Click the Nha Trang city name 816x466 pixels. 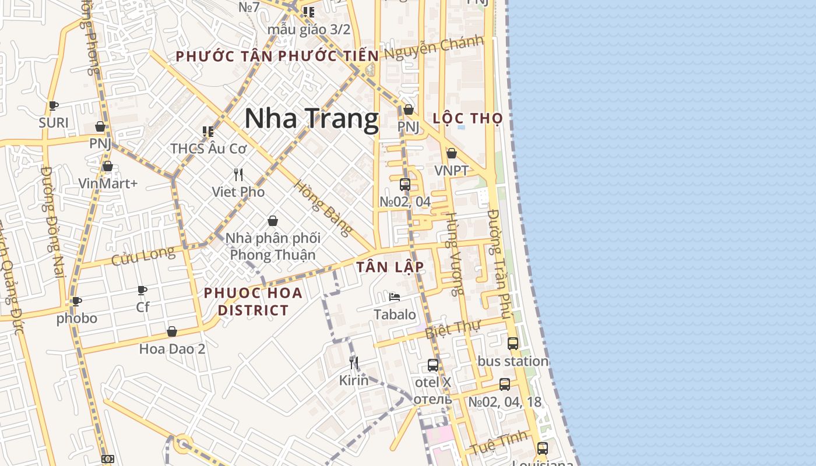(x=311, y=119)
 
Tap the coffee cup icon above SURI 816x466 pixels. (x=54, y=105)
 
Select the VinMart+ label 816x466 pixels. (x=108, y=183)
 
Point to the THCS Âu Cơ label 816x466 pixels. (x=209, y=149)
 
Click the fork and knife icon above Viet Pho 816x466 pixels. (x=238, y=174)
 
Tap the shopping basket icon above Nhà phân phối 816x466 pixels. (x=272, y=221)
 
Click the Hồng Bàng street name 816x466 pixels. (x=322, y=208)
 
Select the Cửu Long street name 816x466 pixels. (x=143, y=255)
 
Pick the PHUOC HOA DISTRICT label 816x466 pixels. (x=253, y=301)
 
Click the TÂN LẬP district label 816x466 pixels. (x=390, y=267)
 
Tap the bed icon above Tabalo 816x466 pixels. (x=395, y=297)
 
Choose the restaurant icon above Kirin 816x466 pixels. (x=354, y=363)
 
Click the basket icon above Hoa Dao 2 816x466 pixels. (x=172, y=331)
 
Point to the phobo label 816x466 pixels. (x=76, y=319)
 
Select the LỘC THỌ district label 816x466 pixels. (x=467, y=118)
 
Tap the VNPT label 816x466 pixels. (x=451, y=171)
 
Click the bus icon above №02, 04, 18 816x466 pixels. (x=505, y=384)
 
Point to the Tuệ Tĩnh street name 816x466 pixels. (x=499, y=443)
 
